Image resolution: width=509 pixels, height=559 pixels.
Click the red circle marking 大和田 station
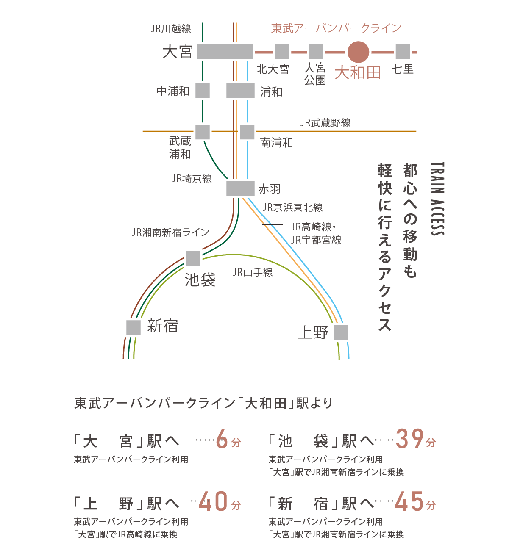(358, 52)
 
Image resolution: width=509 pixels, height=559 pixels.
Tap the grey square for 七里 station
(403, 52)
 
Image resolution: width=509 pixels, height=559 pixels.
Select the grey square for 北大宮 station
(282, 52)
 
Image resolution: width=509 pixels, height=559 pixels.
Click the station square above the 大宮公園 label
(316, 52)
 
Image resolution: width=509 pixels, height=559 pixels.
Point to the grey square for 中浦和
(203, 90)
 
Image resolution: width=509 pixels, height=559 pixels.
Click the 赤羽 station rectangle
(240, 188)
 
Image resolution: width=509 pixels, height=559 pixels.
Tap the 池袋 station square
(193, 259)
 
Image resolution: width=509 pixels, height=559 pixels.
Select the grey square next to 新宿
(134, 328)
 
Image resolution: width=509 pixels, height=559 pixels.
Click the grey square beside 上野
(341, 332)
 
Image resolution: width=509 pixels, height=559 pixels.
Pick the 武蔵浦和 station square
(203, 132)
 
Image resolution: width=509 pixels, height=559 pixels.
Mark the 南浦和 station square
(248, 132)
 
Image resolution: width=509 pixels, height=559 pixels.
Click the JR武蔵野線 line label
(325, 123)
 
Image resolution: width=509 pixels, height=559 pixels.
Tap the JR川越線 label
(171, 28)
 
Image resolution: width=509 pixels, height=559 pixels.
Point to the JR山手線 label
(253, 272)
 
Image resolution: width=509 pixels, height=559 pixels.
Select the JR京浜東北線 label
(292, 208)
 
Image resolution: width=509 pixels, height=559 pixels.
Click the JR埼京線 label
(192, 179)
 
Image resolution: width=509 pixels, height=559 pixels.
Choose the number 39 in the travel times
(410, 439)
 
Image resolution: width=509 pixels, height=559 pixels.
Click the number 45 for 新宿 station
(409, 501)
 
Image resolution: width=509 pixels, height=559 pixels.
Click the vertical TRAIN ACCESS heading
(438, 199)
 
